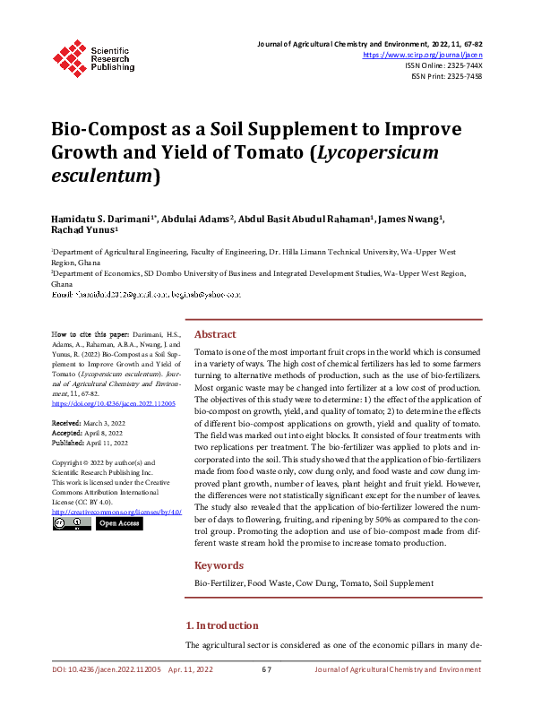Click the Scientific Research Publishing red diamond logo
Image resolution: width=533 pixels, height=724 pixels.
coord(69,56)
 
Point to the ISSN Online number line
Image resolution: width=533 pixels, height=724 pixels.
coord(443,65)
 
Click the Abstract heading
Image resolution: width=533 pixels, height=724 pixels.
coord(215,333)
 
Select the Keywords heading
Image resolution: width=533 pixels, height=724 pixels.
coord(219,565)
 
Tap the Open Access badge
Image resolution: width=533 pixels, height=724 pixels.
coord(119,523)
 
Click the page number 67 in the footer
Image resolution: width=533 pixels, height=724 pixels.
coord(266,669)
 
